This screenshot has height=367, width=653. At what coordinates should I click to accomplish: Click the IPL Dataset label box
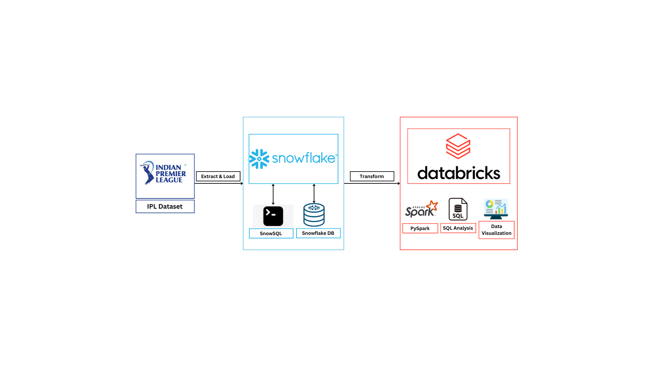(165, 206)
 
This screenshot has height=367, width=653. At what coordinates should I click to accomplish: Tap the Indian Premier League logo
(163, 173)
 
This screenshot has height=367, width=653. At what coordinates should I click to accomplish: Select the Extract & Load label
(218, 176)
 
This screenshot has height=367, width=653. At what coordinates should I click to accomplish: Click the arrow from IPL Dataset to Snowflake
(219, 183)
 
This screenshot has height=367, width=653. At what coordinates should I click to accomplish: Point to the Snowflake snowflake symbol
(259, 159)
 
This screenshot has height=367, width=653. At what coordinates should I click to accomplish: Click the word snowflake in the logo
(304, 158)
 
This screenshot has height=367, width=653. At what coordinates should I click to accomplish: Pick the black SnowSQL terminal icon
(273, 216)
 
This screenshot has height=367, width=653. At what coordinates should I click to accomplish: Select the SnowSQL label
(271, 233)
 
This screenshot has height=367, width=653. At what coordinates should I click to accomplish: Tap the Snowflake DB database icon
(314, 215)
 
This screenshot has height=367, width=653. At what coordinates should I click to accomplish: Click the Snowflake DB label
(318, 233)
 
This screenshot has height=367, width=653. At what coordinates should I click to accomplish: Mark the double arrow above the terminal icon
(273, 194)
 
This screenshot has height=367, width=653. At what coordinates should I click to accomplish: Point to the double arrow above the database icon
(314, 194)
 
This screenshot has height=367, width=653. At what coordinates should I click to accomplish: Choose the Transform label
(372, 176)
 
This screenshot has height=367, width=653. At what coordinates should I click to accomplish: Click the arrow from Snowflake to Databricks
(372, 183)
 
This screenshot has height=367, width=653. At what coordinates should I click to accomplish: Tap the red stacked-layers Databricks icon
(458, 146)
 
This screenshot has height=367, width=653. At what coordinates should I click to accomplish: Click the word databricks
(459, 173)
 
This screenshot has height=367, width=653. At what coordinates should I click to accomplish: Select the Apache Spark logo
(421, 209)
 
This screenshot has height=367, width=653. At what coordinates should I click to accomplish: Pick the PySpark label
(420, 228)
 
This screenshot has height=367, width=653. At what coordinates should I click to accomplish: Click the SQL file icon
(458, 209)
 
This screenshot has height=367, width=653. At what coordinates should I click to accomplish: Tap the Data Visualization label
(497, 230)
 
